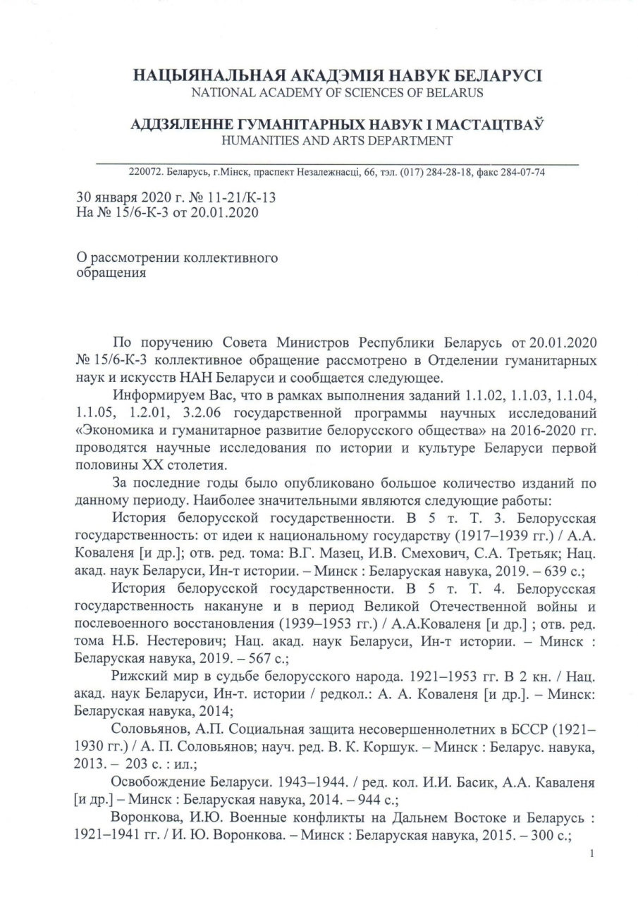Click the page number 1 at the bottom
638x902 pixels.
pos(591,854)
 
